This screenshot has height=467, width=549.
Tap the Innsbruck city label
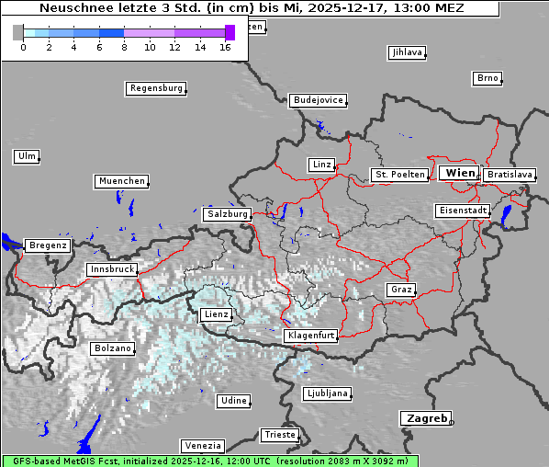tap(111, 269)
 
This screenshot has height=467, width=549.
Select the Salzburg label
tap(227, 213)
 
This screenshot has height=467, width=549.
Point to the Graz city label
tap(400, 290)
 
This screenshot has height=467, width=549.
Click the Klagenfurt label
tap(310, 336)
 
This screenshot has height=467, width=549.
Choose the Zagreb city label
tap(425, 418)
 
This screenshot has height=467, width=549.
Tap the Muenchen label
tap(121, 181)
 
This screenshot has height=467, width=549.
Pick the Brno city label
tap(487, 78)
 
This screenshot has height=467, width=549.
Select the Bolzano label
tap(113, 348)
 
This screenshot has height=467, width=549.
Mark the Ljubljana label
tap(327, 393)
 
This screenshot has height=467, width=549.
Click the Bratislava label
tap(510, 174)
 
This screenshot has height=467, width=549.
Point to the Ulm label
tap(27, 156)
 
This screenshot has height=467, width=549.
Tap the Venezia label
tap(201, 445)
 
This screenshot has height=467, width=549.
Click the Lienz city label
tap(216, 314)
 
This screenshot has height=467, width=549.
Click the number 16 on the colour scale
tap(225, 47)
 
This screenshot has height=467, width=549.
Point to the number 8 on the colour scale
tap(124, 47)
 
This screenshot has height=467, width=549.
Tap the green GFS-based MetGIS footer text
tap(209, 461)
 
